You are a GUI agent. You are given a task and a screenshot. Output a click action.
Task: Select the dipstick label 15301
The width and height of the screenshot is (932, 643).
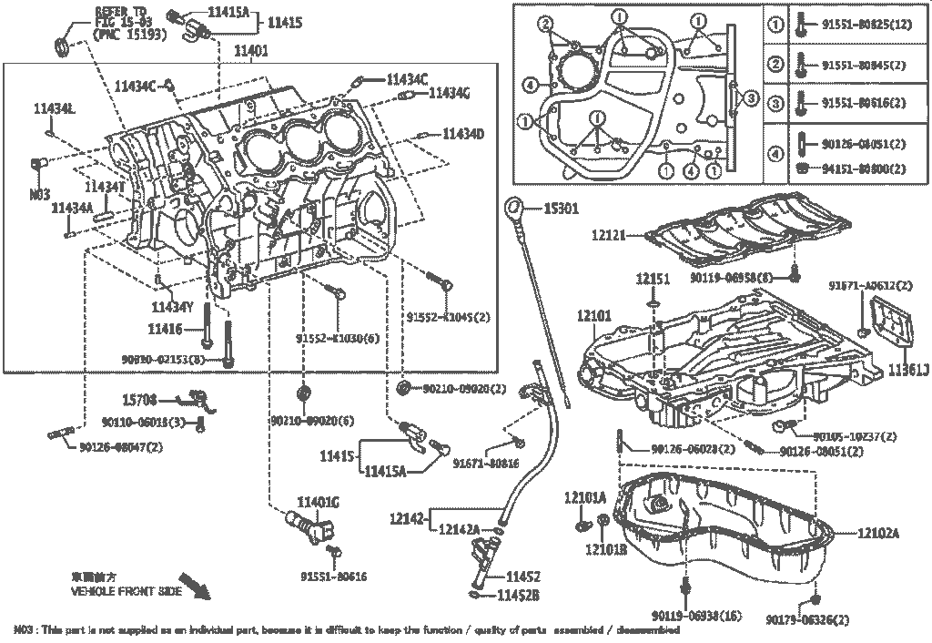[x=561, y=209]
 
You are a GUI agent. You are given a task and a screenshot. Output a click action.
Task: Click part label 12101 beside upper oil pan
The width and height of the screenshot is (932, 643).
[x=593, y=316]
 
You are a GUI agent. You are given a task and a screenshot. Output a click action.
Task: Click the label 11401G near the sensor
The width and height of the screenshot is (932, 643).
[x=318, y=502]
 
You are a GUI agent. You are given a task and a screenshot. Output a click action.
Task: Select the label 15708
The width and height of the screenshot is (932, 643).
[x=141, y=398]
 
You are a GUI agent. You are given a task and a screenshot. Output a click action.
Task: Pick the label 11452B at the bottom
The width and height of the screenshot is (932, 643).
[x=518, y=596]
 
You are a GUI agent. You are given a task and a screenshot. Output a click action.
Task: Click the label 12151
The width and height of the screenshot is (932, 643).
[x=653, y=278]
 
